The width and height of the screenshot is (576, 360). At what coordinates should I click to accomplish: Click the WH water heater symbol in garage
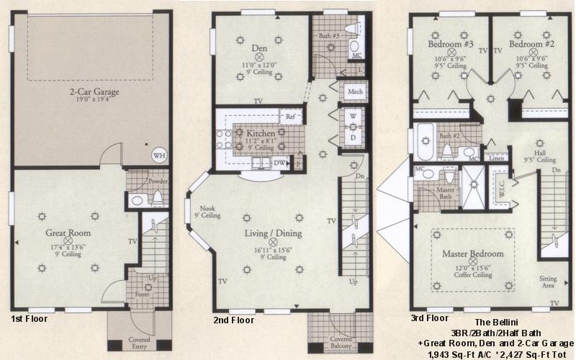pyautogui.click(x=158, y=154)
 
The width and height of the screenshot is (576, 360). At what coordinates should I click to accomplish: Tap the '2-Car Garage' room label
pyautogui.click(x=94, y=92)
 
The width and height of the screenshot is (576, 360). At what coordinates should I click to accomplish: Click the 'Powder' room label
pyautogui.click(x=158, y=182)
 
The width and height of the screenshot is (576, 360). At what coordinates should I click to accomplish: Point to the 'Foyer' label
pyautogui.click(x=142, y=295)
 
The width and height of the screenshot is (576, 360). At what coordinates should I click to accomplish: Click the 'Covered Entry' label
pyautogui.click(x=139, y=343)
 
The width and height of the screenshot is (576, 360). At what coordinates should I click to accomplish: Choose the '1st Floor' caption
pyautogui.click(x=31, y=318)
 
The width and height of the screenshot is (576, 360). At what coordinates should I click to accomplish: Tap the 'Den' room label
pyautogui.click(x=260, y=49)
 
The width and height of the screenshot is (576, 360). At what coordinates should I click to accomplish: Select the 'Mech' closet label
pyautogui.click(x=354, y=93)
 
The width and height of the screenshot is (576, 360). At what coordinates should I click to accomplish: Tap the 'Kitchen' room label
pyautogui.click(x=258, y=134)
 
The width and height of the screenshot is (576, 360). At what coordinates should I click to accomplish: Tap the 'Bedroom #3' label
pyautogui.click(x=450, y=44)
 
